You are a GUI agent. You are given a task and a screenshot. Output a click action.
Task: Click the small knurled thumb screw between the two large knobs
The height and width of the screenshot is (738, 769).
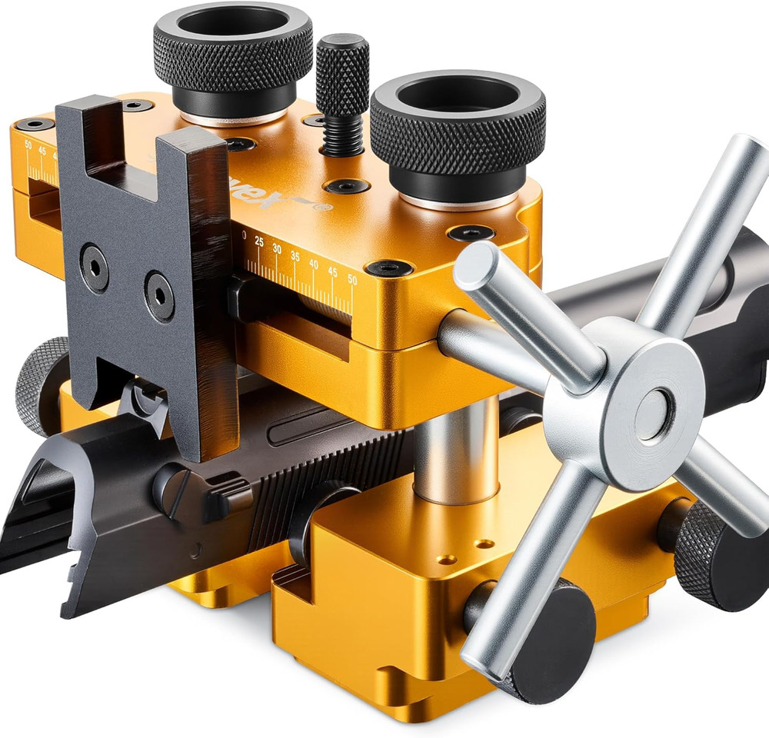(342, 77)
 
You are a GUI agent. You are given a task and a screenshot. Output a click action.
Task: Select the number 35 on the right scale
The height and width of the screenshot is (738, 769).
(295, 257)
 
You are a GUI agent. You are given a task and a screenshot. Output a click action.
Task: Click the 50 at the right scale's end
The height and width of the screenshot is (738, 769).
(351, 279)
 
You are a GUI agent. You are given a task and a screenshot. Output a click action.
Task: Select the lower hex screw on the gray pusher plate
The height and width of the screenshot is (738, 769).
(160, 297)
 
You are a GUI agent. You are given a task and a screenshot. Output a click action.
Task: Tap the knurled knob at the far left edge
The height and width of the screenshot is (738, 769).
(38, 384)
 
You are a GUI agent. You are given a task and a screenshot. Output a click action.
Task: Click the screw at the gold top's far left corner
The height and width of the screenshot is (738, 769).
(35, 124)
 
